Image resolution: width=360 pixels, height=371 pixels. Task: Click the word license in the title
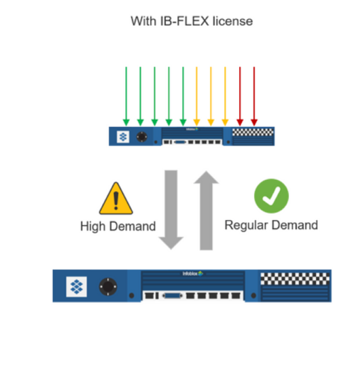coord(233,21)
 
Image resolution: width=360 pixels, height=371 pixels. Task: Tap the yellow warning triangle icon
coord(116,198)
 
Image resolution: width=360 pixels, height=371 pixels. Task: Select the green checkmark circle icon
coord(271,196)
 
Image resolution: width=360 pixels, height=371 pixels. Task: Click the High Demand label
coord(118,226)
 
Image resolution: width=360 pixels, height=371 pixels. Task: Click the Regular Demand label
coord(271,224)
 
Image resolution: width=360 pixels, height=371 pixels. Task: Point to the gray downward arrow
coord(171,207)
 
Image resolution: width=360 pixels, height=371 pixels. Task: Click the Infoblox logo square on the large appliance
coord(77,286)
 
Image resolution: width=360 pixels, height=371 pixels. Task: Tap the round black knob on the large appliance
coord(109,286)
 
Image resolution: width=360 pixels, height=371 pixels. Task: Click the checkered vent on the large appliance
coord(296,278)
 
